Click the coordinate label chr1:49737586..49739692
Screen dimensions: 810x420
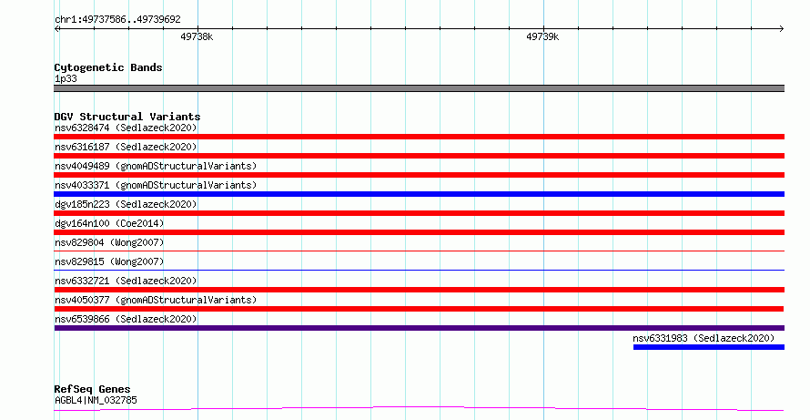(117, 19)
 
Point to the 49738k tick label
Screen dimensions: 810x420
(197, 36)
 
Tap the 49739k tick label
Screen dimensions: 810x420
(542, 36)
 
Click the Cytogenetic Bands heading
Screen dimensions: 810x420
(108, 67)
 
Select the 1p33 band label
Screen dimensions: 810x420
(66, 78)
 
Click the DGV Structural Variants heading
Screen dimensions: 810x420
(127, 117)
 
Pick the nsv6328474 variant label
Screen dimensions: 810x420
(126, 128)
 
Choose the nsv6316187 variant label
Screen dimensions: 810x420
(126, 147)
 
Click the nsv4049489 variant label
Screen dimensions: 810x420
(156, 166)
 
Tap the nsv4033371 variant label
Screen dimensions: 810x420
(156, 185)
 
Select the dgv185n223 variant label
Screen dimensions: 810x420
(126, 204)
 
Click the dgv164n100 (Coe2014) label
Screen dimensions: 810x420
(109, 223)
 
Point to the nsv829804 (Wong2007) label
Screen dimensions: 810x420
(109, 242)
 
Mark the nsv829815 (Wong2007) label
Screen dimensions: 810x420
(109, 261)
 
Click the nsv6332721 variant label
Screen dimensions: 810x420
(126, 281)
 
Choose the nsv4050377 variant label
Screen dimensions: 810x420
(156, 300)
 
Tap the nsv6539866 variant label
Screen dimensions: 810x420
(126, 319)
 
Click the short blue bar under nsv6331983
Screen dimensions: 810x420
(709, 347)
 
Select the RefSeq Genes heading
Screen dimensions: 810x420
(92, 389)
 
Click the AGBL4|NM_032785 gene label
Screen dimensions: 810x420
(96, 400)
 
